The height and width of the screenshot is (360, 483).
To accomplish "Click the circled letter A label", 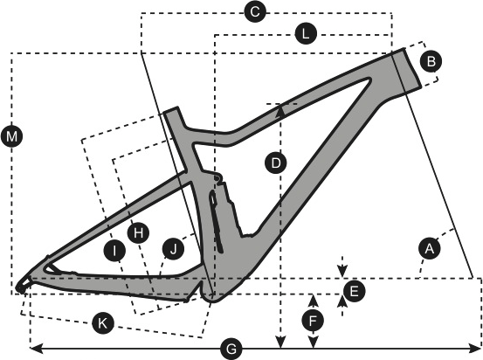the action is pos(430,248).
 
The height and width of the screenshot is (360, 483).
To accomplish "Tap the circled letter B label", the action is pos(431,61).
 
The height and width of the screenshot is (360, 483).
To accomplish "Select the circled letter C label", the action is pos(255,12).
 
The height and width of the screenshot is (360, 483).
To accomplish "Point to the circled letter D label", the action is pos(276,163).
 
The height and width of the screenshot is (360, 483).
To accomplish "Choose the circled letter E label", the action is pos(354,291).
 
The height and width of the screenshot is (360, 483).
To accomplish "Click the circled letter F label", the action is pos(313,321).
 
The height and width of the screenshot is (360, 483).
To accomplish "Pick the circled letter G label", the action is pos(231,350).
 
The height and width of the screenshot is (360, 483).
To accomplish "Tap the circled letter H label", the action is pos(138,233).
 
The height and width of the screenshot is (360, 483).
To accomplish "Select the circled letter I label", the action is pos(114,251).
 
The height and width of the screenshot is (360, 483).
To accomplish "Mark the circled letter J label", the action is pos(173,248).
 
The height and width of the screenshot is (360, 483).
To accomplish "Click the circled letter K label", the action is pos(103,323).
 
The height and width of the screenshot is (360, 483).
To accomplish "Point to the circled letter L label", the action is pos(306,33).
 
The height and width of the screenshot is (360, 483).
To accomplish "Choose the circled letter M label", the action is pos(11,136).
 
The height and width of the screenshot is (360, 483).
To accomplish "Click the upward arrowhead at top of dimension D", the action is pos(280,110).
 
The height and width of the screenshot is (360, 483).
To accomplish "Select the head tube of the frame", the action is pos(407,69).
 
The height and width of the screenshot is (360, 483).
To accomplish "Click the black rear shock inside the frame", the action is pos(216,221).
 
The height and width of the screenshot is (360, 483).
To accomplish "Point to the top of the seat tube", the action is pos(171,110).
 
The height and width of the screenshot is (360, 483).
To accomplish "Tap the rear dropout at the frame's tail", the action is pos(22,287).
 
